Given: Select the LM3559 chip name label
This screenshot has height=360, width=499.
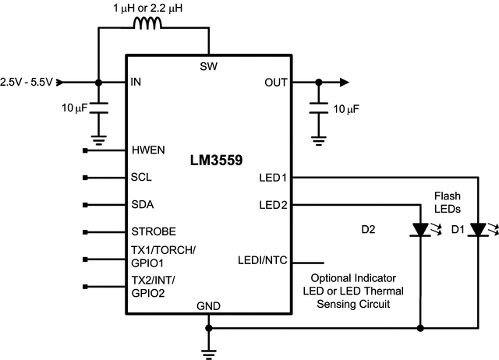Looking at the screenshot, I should (x=216, y=161).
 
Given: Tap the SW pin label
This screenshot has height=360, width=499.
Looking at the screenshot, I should (x=209, y=65).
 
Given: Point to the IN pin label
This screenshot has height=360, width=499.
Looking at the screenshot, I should (x=137, y=82).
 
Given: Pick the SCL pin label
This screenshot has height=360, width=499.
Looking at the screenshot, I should (x=141, y=177).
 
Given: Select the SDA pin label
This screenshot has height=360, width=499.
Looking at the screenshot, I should (x=142, y=205).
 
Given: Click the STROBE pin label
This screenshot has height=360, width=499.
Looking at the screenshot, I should (x=154, y=232).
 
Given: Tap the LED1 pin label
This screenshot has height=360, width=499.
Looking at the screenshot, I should (x=274, y=178).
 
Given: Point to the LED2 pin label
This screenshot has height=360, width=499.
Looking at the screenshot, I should (x=274, y=206).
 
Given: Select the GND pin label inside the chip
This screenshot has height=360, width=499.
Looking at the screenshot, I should (x=210, y=305).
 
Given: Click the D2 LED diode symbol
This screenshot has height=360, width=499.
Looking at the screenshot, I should (x=420, y=231).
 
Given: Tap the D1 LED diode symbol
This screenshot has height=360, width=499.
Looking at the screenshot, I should (x=476, y=231).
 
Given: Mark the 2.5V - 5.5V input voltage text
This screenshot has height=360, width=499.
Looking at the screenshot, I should (x=27, y=82).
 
